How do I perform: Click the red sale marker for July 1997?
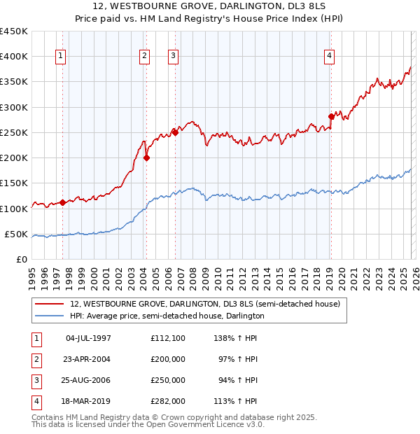tap(62, 202)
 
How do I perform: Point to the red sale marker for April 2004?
tap(146, 158)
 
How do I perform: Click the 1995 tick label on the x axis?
tap(32, 277)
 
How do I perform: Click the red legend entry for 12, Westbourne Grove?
tap(204, 304)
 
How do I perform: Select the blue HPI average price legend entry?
tap(167, 316)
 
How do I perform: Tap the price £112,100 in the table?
tap(167, 338)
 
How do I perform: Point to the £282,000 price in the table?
tap(167, 401)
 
